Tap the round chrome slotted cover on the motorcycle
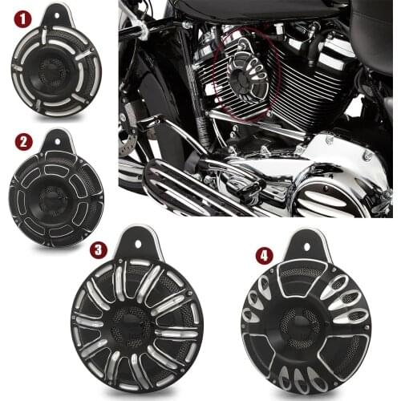(330, 197)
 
